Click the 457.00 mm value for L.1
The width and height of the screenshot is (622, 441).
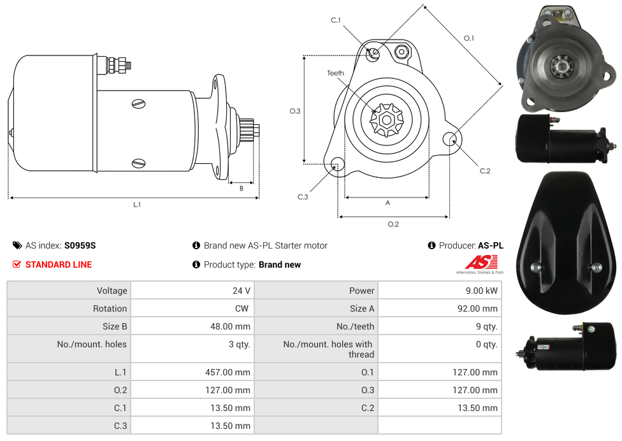coord(228,372)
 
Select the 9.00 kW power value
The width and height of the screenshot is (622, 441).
coord(481,291)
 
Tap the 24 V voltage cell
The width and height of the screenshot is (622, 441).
coord(241,291)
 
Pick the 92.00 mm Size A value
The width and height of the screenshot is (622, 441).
coord(477,308)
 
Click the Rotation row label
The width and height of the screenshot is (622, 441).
coord(110,308)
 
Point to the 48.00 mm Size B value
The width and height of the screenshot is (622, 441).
coord(230,326)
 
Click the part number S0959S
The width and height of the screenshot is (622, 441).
coord(80,245)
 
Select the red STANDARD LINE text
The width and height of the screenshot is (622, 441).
coord(59,264)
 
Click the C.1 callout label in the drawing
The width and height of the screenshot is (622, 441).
coord(336,20)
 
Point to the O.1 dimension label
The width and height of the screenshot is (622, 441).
coord(469,38)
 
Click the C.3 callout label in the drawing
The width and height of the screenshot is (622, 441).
coord(303,197)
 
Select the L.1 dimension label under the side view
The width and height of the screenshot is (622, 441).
coord(137,205)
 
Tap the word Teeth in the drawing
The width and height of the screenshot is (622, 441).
coord(336,73)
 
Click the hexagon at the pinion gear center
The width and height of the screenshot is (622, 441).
coord(386,120)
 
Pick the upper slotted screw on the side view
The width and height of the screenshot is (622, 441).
coord(138,104)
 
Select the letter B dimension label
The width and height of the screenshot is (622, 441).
coord(241,189)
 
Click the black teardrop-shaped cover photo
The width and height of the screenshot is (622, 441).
coord(566,243)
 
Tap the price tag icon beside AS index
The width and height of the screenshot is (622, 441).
coord(17,245)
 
